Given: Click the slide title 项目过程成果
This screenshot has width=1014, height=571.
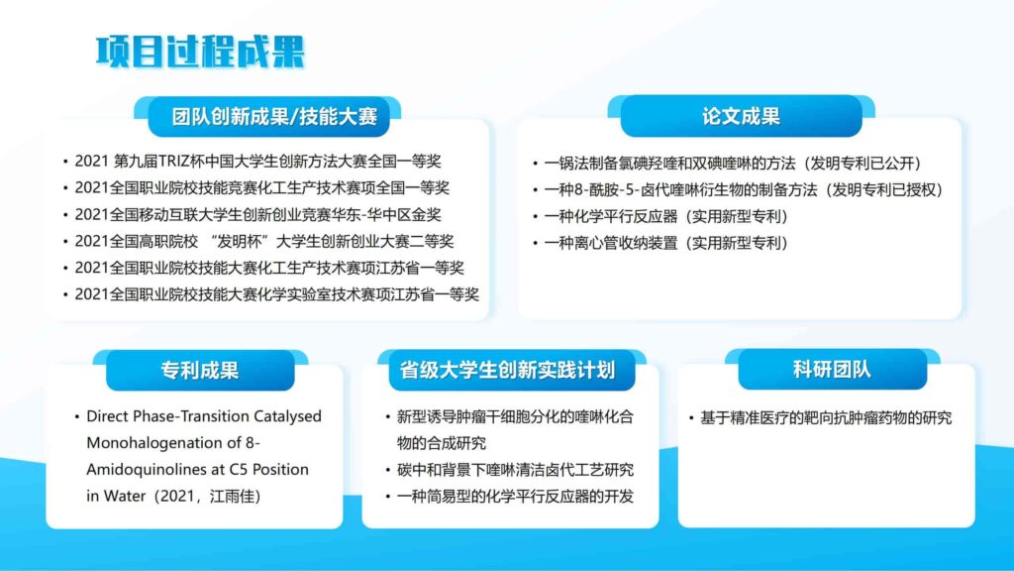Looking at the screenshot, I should pyautogui.click(x=200, y=52).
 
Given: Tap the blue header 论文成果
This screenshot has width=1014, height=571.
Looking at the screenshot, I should pyautogui.click(x=741, y=117).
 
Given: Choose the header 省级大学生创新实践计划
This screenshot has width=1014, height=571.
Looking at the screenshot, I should pyautogui.click(x=507, y=371).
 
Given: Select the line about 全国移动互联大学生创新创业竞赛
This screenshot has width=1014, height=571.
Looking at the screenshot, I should pyautogui.click(x=257, y=214).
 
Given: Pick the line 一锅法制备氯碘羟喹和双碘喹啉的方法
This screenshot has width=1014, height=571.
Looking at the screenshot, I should pyautogui.click(x=670, y=164).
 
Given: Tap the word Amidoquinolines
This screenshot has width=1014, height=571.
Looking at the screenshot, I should pyautogui.click(x=140, y=470).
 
